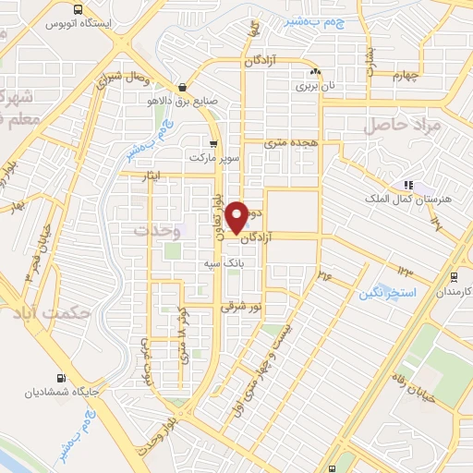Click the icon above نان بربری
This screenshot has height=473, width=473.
[316, 71]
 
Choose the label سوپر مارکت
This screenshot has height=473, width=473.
[214, 158]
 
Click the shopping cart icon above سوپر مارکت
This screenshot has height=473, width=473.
[214, 143]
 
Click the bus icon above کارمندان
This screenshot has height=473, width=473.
[453, 276]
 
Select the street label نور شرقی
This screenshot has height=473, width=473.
[243, 306]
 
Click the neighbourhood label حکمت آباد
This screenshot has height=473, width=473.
[55, 311]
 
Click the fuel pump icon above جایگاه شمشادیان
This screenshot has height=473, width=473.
[62, 378]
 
